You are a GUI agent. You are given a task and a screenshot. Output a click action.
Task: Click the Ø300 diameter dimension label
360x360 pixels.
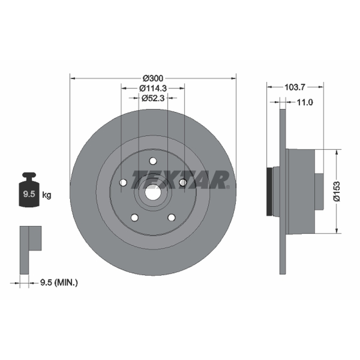point(153,78)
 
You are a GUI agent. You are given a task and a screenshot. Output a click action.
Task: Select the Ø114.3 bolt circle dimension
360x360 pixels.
point(153,88)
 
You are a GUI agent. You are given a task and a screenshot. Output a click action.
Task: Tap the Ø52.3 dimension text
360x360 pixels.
point(153,98)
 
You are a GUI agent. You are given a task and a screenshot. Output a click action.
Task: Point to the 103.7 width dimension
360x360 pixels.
point(295,87)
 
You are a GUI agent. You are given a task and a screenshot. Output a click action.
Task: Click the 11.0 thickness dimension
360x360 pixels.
point(305,102)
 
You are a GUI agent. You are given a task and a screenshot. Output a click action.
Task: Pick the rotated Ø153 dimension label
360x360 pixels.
point(337,191)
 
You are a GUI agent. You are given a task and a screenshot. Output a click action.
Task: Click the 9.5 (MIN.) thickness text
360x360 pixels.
point(59,283)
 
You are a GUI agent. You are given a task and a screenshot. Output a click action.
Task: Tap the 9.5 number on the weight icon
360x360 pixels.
point(29,194)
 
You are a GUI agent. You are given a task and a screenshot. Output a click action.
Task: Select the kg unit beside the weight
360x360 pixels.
point(47,195)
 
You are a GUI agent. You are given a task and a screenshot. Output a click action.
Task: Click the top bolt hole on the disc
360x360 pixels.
point(153,161)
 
